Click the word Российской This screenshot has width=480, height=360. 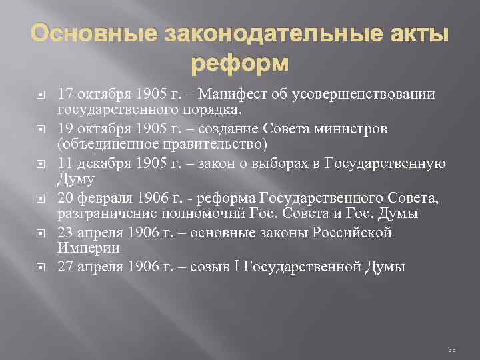(355, 233)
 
